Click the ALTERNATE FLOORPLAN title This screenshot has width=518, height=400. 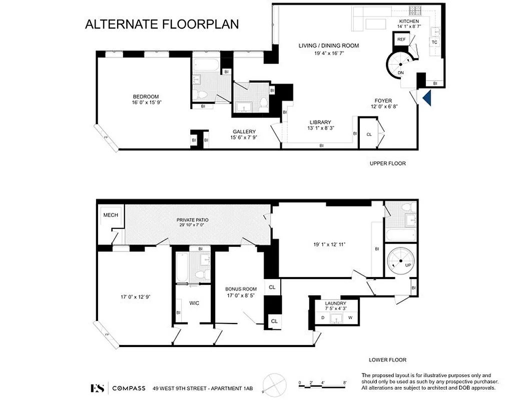click(162, 24)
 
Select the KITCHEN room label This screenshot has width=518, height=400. click(408, 21)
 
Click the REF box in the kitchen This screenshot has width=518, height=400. click(401, 39)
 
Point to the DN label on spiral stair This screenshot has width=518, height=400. click(400, 73)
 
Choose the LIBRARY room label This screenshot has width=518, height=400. click(320, 122)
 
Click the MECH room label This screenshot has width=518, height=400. click(110, 215)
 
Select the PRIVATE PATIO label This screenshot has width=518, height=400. click(192, 220)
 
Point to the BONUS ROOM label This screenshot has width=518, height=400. click(241, 289)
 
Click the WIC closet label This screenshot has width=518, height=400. click(195, 302)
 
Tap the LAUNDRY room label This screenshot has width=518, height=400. click(335, 303)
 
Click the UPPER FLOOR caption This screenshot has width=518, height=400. click(387, 163)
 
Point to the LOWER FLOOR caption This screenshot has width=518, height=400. click(387, 359)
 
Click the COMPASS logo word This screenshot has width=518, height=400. click(129, 388)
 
